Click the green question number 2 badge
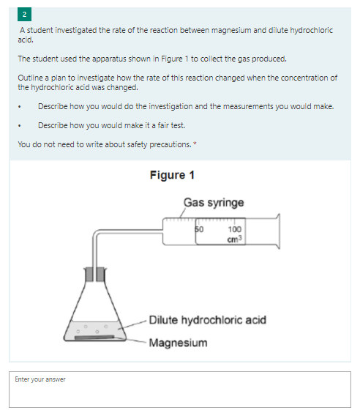click(24, 15)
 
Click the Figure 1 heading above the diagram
click(172, 175)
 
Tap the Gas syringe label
click(214, 203)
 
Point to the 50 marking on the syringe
click(199, 229)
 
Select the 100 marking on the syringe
click(235, 229)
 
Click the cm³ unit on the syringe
click(235, 239)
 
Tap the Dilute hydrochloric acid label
click(208, 320)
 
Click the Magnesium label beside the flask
click(178, 343)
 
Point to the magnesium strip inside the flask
click(94, 338)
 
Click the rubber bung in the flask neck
click(95, 275)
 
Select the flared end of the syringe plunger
click(278, 231)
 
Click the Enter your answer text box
click(180, 390)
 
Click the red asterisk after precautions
click(195, 144)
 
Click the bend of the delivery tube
click(95, 233)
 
